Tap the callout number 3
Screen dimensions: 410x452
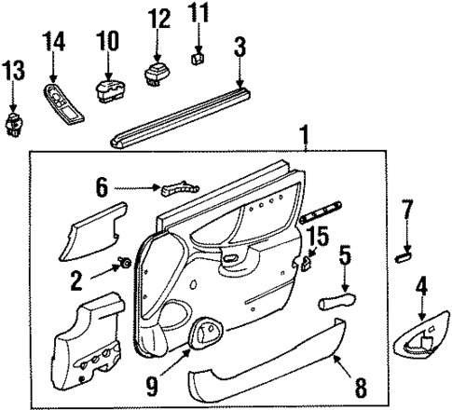pos(240,46)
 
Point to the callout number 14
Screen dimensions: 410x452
pos(54,41)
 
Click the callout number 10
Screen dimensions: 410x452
pos(108,41)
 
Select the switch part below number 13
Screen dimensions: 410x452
pos(14,123)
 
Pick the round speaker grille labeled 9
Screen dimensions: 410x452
pos(207,332)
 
